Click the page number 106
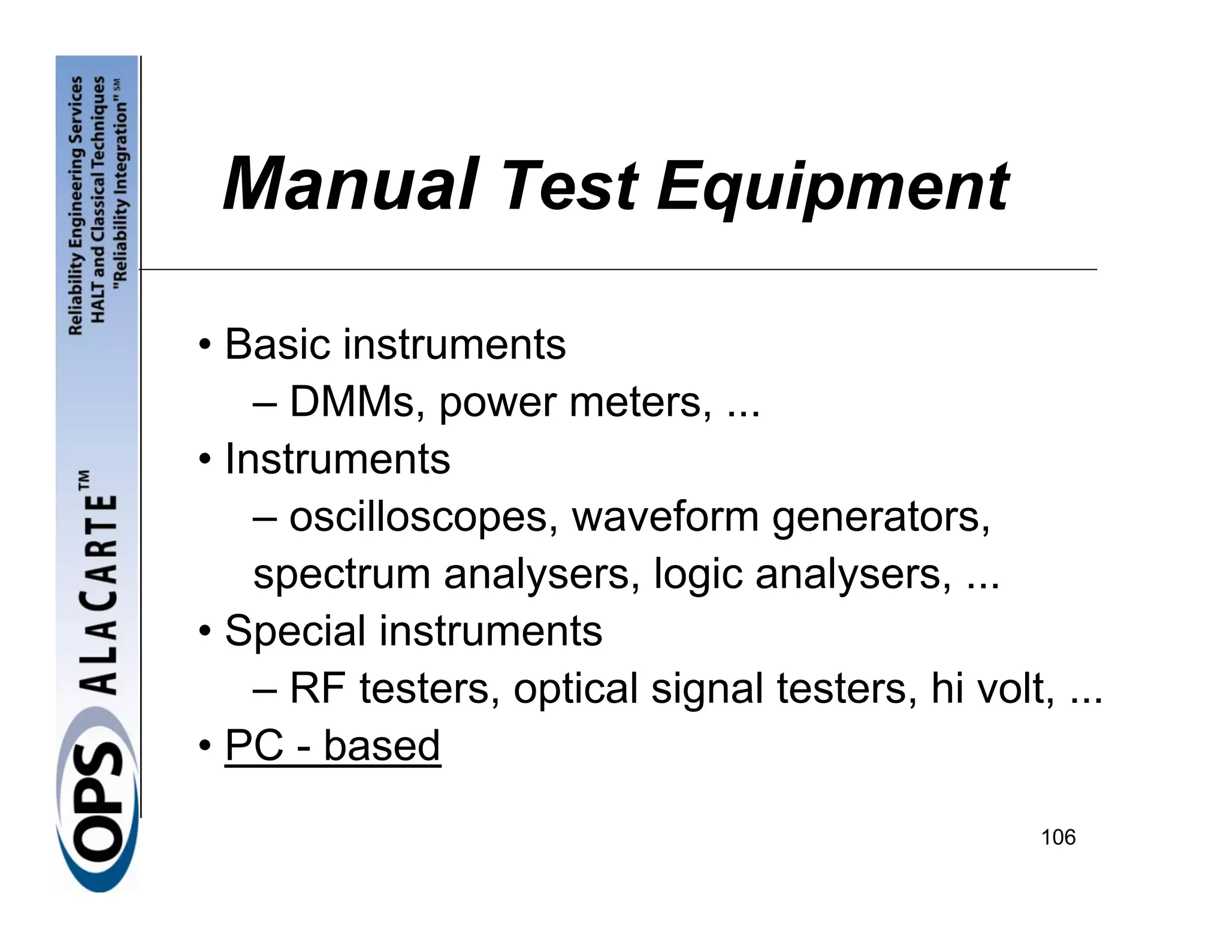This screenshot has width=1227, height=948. (1058, 837)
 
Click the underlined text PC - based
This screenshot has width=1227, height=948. (333, 745)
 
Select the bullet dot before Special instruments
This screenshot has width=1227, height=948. (205, 632)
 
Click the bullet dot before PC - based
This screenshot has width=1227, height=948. (205, 746)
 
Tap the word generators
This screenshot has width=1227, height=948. (881, 517)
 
